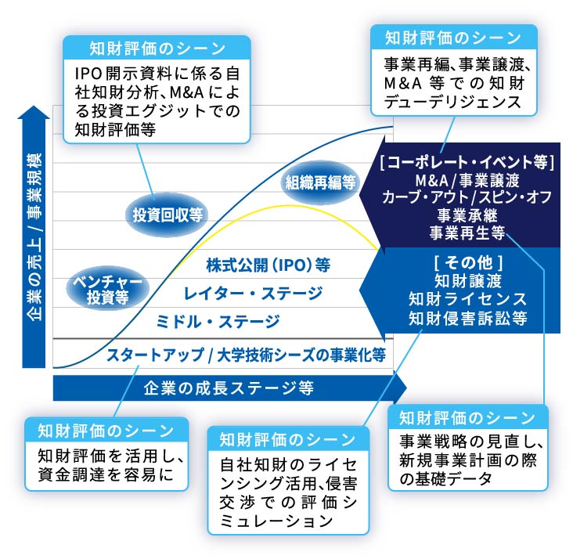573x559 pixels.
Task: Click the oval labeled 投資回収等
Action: pos(167,215)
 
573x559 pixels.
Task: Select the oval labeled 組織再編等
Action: pos(320,182)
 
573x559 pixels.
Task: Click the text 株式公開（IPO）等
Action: pos(268,265)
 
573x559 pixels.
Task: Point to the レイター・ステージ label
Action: pos(254,294)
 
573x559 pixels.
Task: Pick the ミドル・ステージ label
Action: pos(218,322)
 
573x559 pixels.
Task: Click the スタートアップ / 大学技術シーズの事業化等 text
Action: pos(246,355)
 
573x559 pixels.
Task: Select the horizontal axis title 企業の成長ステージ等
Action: pos(229,388)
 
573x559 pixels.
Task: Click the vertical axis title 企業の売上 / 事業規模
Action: pos(34,237)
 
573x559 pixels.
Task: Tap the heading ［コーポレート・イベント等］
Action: pos(467,162)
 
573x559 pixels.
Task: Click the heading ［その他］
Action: pos(468,262)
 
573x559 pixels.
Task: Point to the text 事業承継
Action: pos(467,215)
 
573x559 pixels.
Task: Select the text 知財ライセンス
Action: pos(468,299)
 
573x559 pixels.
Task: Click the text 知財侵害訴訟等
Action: pos(468,318)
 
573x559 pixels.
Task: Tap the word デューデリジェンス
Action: pos(452,102)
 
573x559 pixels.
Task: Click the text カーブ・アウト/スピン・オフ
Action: pos(467,197)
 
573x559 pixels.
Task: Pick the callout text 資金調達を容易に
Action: pos(106,474)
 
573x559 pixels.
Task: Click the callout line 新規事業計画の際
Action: pos(468,460)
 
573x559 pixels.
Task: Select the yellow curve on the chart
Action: pos(278,207)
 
